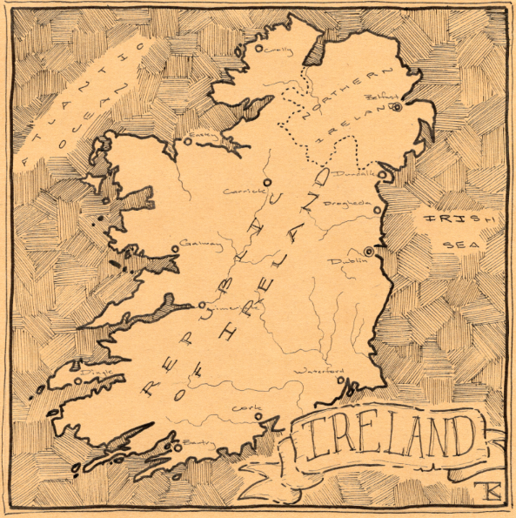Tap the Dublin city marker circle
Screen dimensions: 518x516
(x=369, y=252)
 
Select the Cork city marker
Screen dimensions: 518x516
(x=258, y=418)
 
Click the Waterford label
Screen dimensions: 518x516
(x=323, y=372)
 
